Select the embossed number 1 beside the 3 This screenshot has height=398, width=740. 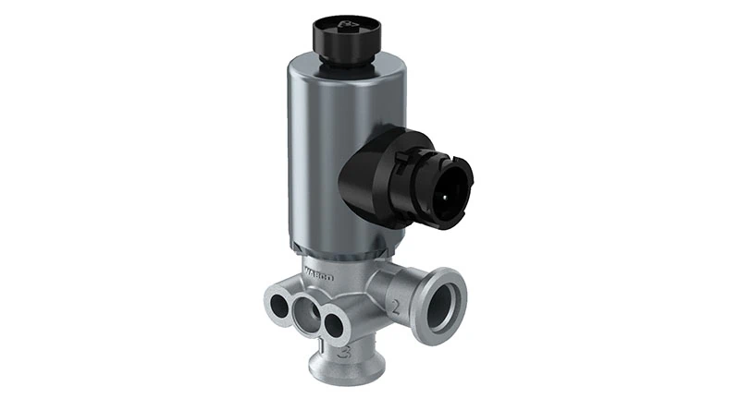(323, 347)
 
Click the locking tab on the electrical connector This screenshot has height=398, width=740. (403, 163)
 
